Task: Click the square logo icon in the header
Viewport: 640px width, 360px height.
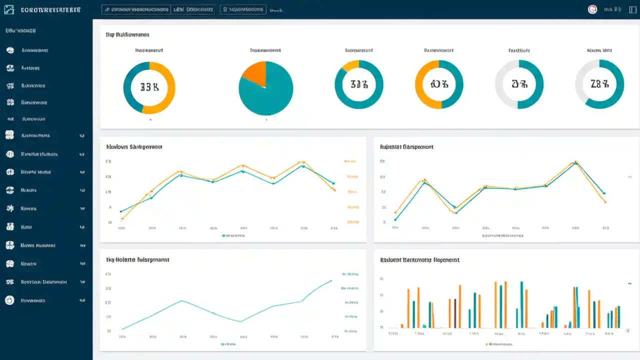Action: (9, 9)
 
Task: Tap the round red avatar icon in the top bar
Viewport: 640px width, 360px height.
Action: (592, 9)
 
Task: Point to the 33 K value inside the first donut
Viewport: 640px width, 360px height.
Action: (149, 87)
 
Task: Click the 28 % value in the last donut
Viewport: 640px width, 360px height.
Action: (599, 84)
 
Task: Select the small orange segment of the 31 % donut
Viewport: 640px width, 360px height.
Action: (350, 65)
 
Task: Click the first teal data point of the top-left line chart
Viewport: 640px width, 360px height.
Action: (121, 211)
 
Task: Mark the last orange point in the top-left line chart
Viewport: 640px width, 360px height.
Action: (334, 190)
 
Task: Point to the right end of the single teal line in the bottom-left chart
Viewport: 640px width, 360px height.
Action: (331, 280)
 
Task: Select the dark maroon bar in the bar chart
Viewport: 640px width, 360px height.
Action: (455, 313)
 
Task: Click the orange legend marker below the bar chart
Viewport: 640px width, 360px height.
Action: (486, 344)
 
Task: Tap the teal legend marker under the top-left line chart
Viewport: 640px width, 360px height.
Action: (223, 235)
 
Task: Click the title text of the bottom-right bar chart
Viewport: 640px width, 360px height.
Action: (419, 260)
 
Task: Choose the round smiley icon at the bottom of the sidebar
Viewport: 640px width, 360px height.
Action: (9, 300)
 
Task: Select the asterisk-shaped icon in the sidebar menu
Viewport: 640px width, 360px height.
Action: (9, 208)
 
